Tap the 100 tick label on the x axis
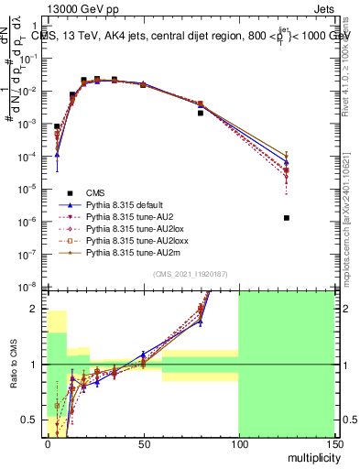point(238,443)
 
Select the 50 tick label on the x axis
point(143,443)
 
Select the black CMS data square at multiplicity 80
point(200,113)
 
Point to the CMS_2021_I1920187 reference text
point(191,274)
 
